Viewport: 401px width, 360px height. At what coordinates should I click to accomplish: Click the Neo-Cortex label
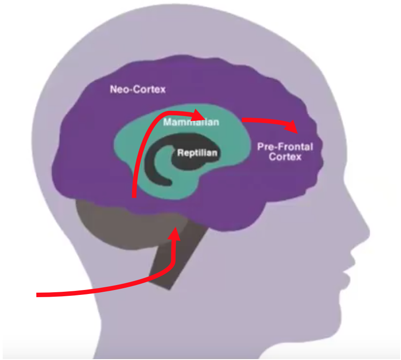[x=138, y=89]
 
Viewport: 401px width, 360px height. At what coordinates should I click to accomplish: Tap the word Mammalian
[x=191, y=122]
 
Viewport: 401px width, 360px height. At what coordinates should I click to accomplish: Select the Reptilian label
[x=197, y=153]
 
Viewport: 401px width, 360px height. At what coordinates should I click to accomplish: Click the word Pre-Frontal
[x=285, y=147]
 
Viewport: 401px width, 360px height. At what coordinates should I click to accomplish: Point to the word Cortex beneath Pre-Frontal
[x=285, y=158]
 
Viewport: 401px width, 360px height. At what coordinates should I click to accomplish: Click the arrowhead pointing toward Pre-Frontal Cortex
[x=294, y=127]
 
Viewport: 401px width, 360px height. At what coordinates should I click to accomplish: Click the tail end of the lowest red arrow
[x=38, y=295]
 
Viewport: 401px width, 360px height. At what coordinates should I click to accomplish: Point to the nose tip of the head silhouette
[x=368, y=233]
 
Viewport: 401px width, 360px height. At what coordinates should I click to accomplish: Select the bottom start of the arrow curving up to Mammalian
[x=134, y=195]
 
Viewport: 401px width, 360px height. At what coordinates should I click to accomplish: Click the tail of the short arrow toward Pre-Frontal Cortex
[x=244, y=120]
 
